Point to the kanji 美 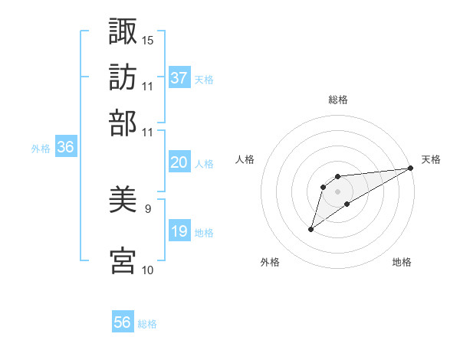(123, 201)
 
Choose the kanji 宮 (123, 260)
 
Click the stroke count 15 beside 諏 (148, 40)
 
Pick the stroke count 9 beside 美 (148, 208)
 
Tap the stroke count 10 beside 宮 (148, 270)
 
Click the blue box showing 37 (179, 78)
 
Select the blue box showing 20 (179, 162)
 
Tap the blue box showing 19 (179, 231)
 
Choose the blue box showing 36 (65, 148)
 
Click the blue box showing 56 (123, 322)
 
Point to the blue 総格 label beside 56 (147, 323)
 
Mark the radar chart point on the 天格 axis (411, 168)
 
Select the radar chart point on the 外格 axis (310, 229)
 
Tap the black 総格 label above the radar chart (337, 100)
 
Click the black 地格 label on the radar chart (402, 263)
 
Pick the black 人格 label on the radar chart (245, 159)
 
